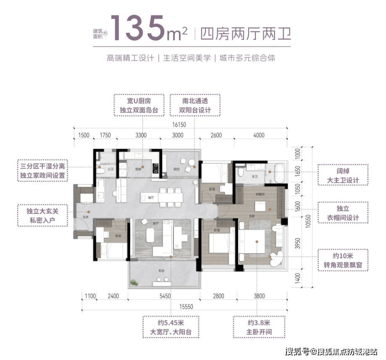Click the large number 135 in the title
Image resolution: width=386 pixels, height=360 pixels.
pyautogui.click(x=145, y=28)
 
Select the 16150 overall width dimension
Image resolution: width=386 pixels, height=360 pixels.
pyautogui.click(x=178, y=125)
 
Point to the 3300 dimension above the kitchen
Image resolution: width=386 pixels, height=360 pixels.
pyautogui.click(x=141, y=135)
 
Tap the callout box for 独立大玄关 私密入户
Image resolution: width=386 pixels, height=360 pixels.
pyautogui.click(x=42, y=215)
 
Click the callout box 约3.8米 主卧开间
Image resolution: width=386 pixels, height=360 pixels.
pyautogui.click(x=259, y=327)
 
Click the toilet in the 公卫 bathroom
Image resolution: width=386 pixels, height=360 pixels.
pyautogui.click(x=100, y=171)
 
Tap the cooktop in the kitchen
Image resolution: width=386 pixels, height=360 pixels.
pyautogui.click(x=156, y=168)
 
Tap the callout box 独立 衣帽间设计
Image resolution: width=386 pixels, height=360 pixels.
pyautogui.click(x=343, y=213)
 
